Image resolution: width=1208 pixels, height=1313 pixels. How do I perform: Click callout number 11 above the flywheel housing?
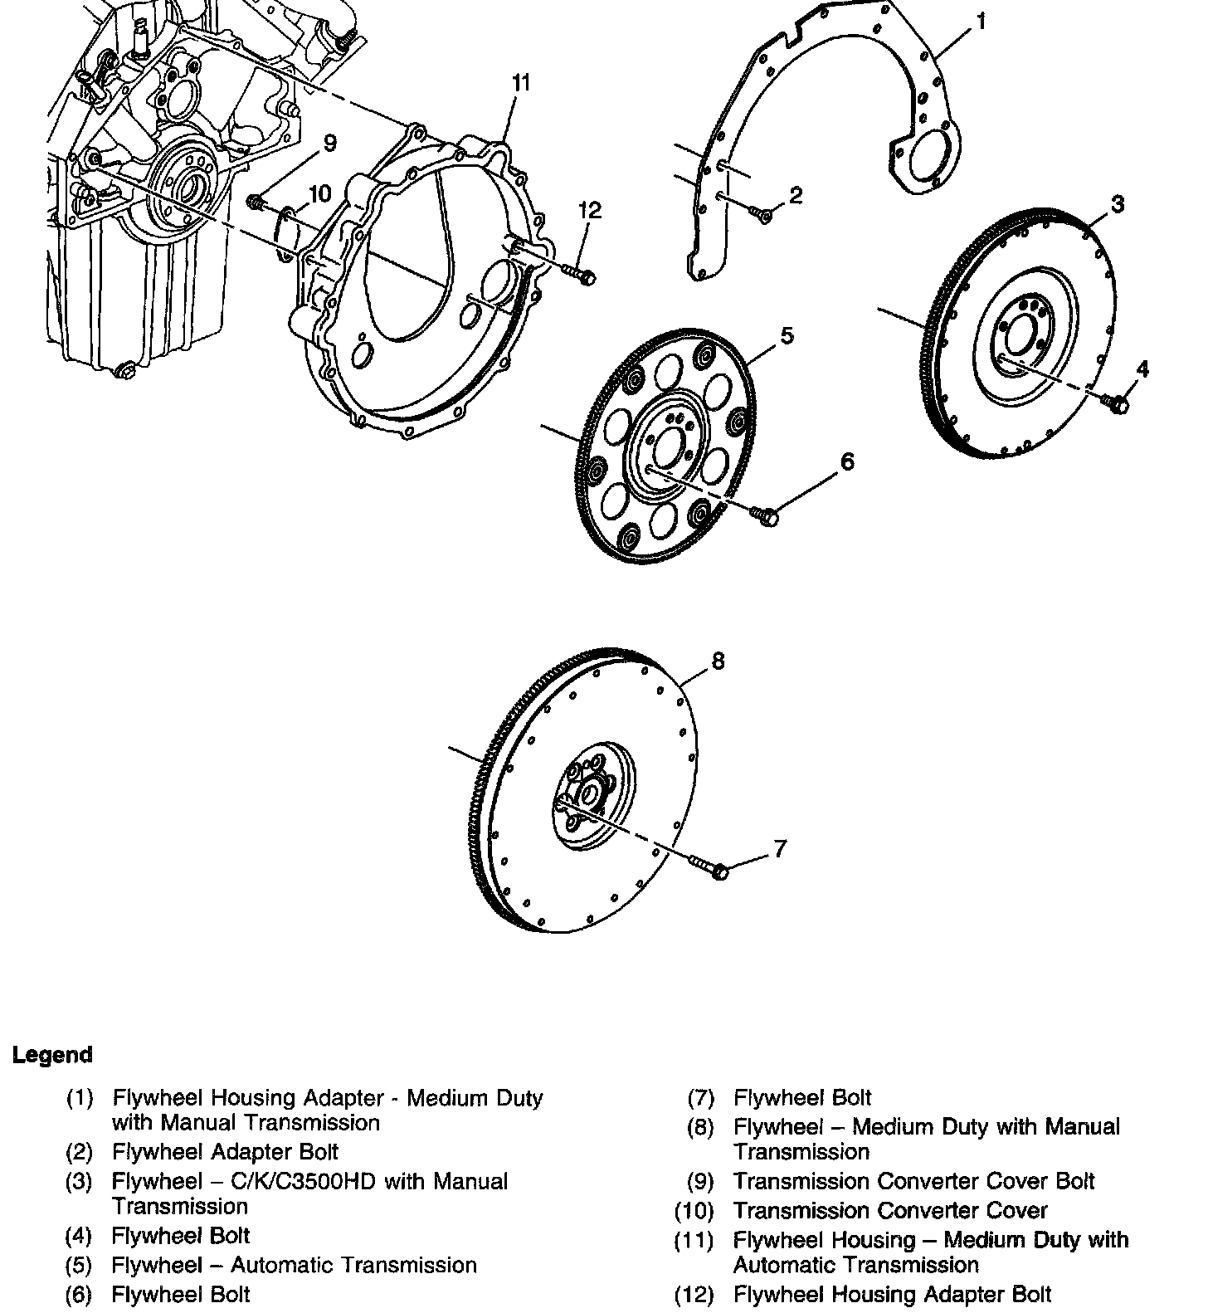click(520, 82)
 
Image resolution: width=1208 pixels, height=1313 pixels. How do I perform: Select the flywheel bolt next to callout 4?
click(1116, 403)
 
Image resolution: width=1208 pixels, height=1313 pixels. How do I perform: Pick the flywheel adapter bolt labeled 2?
click(761, 214)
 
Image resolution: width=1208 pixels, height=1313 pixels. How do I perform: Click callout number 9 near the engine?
click(329, 143)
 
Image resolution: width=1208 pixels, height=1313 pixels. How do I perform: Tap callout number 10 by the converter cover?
click(319, 194)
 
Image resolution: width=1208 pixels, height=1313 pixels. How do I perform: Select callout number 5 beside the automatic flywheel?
click(786, 335)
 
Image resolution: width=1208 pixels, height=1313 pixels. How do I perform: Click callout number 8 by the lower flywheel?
click(718, 661)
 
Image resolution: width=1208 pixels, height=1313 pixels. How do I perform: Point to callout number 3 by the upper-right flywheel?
click(1118, 203)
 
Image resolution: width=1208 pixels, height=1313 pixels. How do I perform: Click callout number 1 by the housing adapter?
click(982, 22)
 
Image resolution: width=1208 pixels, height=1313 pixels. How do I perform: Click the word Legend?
click(51, 1055)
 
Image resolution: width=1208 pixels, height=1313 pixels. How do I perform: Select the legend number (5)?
click(79, 1265)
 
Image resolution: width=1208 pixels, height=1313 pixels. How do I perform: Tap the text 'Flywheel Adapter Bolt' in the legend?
click(225, 1152)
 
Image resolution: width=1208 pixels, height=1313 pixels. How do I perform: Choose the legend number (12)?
click(694, 1294)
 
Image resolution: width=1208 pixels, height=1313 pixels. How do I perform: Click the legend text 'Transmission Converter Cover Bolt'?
click(913, 1181)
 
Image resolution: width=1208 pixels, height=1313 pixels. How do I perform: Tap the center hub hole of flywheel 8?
click(590, 794)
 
